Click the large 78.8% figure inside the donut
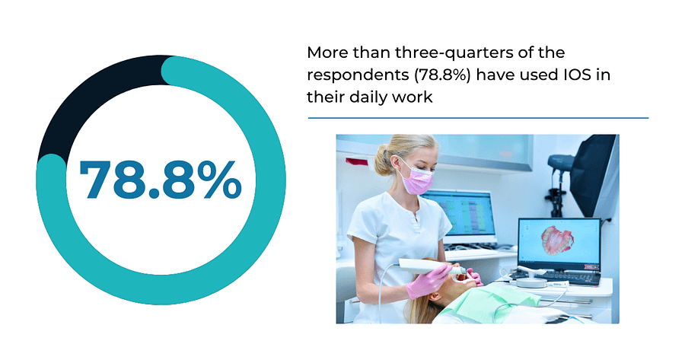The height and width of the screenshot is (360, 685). (161, 180)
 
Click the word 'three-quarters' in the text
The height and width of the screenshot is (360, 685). (458, 53)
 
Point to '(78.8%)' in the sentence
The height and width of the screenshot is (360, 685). (442, 75)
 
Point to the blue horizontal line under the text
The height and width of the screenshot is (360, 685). (479, 118)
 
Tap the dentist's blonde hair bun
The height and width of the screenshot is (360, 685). (383, 160)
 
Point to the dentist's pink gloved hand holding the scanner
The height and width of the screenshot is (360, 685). (428, 282)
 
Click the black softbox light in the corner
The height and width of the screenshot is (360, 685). (594, 175)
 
